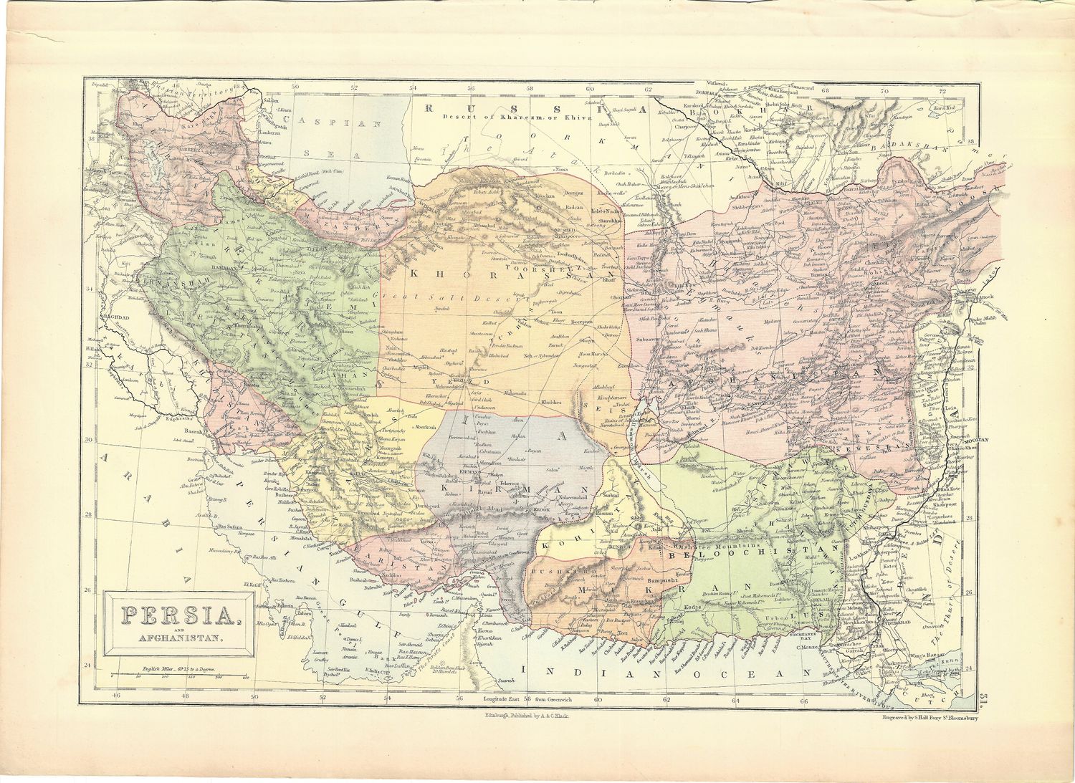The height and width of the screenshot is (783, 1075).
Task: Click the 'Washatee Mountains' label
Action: (709, 545)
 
